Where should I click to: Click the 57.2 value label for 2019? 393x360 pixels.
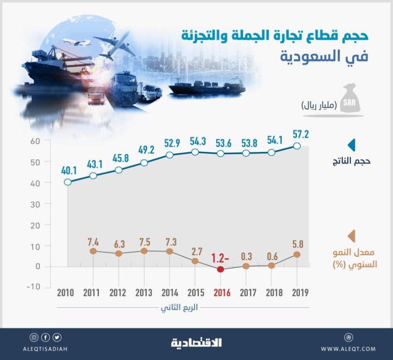click(x=301, y=134)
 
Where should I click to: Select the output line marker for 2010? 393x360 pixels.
click(x=68, y=182)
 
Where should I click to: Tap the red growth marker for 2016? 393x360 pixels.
click(x=220, y=269)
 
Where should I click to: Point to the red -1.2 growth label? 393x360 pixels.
click(x=221, y=258)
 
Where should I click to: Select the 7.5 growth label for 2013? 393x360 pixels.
click(x=144, y=241)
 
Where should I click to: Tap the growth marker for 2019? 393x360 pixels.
click(x=297, y=254)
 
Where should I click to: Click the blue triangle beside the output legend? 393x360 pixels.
click(x=351, y=145)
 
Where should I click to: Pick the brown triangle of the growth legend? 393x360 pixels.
click(x=351, y=236)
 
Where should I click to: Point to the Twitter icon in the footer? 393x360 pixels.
click(x=58, y=337)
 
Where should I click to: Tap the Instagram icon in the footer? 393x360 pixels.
click(x=34, y=337)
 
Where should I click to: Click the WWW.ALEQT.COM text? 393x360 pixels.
click(x=348, y=349)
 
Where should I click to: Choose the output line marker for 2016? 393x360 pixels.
click(x=220, y=154)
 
